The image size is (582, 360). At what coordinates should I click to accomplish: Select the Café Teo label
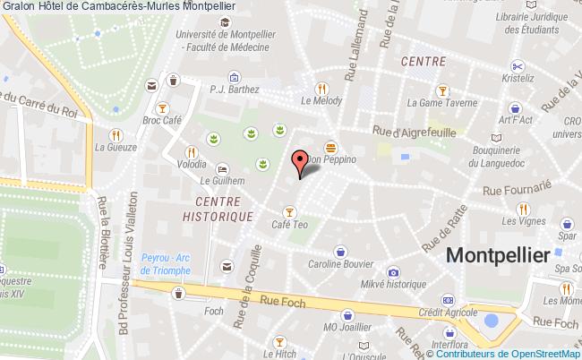click(x=290, y=225)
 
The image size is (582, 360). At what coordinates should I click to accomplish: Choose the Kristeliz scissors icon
click(x=517, y=65)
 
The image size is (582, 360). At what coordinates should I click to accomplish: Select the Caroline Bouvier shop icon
click(x=339, y=252)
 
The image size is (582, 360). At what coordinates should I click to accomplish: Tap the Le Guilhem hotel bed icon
click(x=221, y=168)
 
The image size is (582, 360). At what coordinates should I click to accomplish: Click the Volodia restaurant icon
click(x=190, y=151)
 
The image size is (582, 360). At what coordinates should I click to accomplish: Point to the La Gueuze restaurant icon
click(x=114, y=133)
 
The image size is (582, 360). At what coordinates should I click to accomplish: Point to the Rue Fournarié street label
click(x=518, y=189)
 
